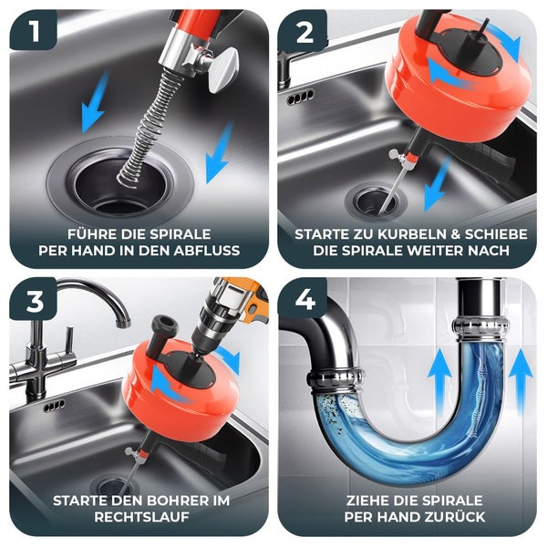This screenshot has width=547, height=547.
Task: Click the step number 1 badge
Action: point(34,30)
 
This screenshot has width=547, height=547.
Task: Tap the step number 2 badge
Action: point(303,31)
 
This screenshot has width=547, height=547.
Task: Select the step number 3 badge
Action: point(35,300)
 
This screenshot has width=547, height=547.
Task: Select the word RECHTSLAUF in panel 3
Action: point(141,517)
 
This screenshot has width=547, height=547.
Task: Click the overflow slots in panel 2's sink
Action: point(300,98)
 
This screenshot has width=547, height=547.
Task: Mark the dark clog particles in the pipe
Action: point(327,408)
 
